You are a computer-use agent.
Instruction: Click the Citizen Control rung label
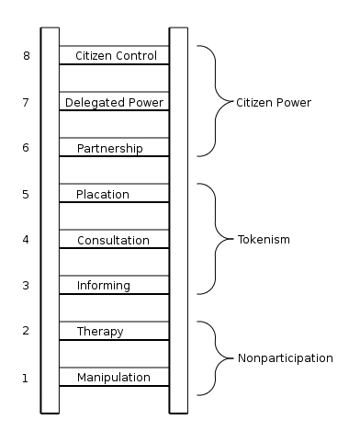pos(115,56)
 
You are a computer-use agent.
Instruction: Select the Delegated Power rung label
pos(115,102)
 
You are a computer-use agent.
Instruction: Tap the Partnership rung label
pos(109,148)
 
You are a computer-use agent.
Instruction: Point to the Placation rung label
pos(103,194)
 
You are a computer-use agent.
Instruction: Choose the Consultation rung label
pos(113,240)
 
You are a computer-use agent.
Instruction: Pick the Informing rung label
pos(104,285)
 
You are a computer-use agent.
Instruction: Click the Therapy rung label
pos(100,331)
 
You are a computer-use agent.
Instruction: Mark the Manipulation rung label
pos(113,378)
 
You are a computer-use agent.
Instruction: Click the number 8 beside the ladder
pos(26,56)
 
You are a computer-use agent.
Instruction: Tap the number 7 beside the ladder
pos(26,102)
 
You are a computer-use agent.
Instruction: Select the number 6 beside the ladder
pos(26,148)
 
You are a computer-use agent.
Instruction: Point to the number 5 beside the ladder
pos(26,194)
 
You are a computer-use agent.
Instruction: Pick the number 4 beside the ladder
pos(26,240)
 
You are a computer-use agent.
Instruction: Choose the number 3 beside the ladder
pos(26,286)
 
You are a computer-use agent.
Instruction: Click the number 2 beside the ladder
pos(26,331)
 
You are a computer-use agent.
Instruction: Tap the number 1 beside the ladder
pos(26,378)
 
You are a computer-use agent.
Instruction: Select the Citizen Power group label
pos(274,102)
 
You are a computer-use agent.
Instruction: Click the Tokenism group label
pos(263,240)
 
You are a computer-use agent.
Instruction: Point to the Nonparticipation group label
pos(285,357)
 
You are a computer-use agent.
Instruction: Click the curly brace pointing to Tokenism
pos(216,240)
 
